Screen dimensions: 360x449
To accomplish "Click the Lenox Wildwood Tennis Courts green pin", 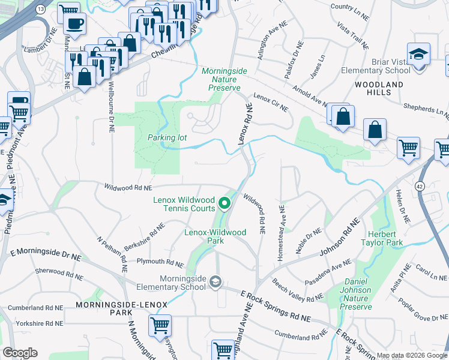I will coord(225,203).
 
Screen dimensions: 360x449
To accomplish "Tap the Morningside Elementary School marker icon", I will coord(216,281).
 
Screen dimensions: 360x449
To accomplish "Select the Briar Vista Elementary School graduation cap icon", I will coord(417,55).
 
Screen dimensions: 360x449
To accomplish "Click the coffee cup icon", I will coord(75,23).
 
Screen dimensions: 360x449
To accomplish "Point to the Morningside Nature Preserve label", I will coord(224,79).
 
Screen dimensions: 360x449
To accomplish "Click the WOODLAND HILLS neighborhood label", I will coord(379,89).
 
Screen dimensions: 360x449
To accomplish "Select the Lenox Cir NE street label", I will coord(271,102).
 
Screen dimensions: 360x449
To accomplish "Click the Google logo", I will coord(20,353).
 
